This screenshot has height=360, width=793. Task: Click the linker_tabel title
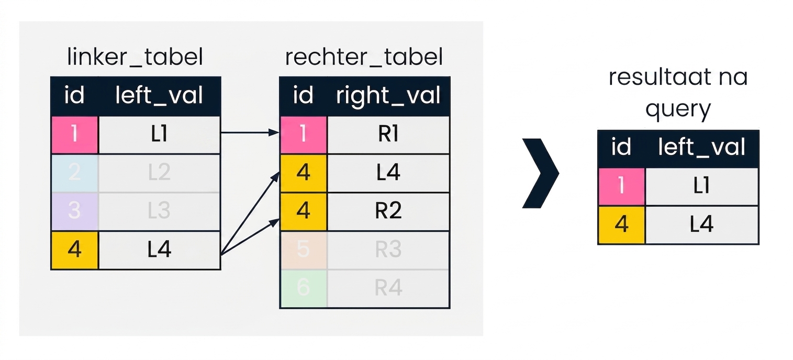[135, 57]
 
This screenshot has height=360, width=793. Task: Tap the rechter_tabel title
[364, 57]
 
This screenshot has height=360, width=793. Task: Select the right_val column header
[388, 96]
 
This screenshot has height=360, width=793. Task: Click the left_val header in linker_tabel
[159, 96]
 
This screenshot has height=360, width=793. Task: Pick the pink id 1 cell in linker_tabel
[75, 134]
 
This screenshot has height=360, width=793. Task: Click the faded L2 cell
[159, 173]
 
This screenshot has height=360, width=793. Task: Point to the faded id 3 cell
[75, 211]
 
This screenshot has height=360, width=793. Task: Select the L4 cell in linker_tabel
[159, 250]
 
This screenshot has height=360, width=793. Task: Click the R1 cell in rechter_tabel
[388, 134]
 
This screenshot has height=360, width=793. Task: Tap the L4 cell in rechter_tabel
[388, 173]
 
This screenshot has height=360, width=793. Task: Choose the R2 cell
[388, 211]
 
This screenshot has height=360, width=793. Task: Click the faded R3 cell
[388, 250]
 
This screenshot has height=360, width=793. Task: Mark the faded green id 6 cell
[304, 288]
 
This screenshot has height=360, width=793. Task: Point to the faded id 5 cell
[304, 250]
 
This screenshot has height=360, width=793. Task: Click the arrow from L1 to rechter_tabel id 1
[250, 132]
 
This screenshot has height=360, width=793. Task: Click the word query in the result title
[678, 109]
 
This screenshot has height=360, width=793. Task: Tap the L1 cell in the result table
[702, 186]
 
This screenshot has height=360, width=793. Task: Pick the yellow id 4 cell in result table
[622, 225]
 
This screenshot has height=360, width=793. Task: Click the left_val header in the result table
[702, 147]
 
